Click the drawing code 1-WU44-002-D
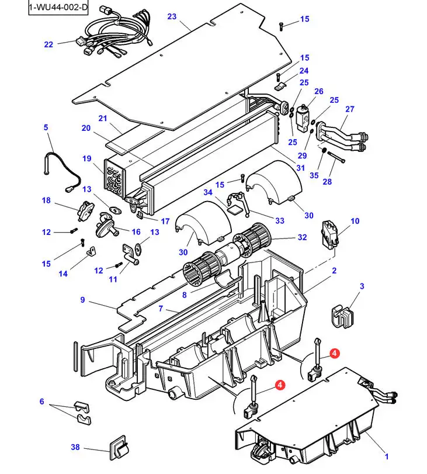tap(58, 7)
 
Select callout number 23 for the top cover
tap(172, 16)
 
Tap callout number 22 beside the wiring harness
tap(48, 44)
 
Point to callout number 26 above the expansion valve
tap(318, 91)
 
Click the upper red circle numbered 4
tap(335, 353)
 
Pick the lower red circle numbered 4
tap(280, 385)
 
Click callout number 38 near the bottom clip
tap(75, 447)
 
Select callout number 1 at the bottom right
tap(387, 456)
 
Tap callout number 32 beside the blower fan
tap(302, 237)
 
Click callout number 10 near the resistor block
tap(355, 221)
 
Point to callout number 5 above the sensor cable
tap(46, 127)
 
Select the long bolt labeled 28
tap(336, 157)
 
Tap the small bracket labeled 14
tap(91, 251)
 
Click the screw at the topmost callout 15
tap(281, 26)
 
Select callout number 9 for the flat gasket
tap(82, 300)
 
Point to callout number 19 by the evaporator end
tap(86, 158)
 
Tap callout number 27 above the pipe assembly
tap(349, 109)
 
